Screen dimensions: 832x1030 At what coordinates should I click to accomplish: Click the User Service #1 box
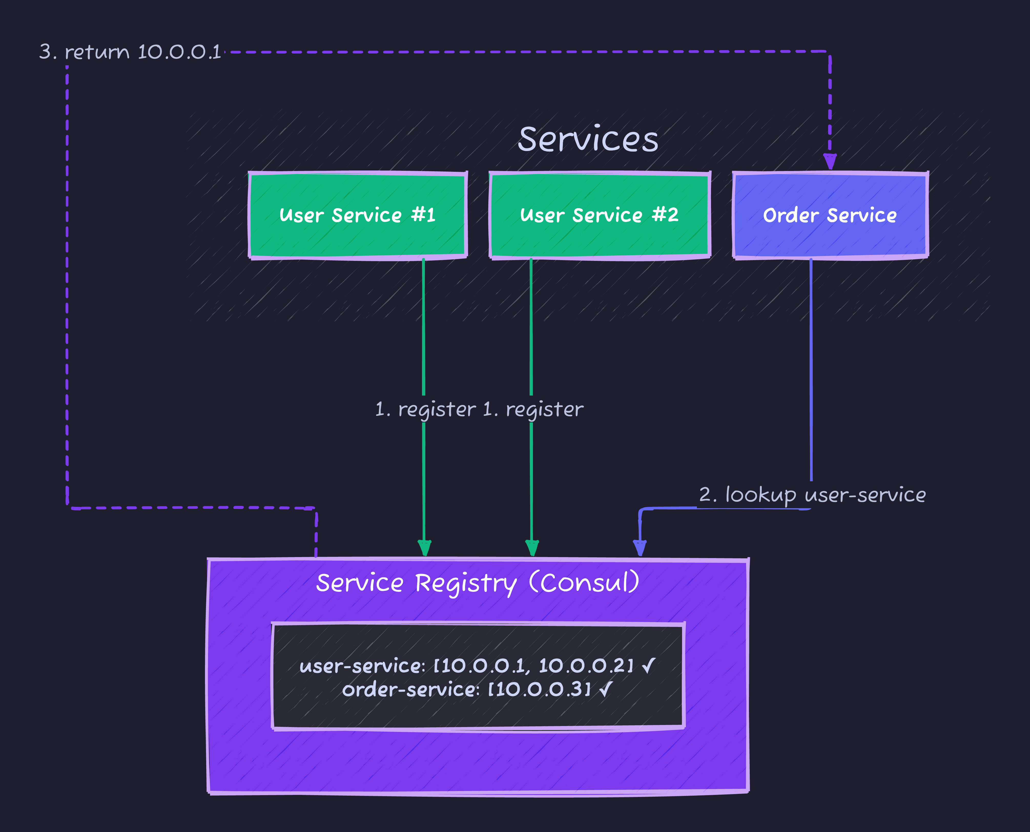(x=357, y=215)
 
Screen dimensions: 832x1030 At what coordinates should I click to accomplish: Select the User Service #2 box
(x=599, y=215)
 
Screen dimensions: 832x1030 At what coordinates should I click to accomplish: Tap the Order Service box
(x=830, y=215)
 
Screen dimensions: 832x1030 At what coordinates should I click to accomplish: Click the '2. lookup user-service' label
(x=812, y=495)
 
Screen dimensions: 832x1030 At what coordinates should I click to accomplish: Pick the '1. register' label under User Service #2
(x=533, y=409)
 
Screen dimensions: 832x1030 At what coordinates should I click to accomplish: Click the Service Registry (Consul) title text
(x=477, y=583)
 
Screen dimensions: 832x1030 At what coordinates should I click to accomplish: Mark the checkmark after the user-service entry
(x=648, y=665)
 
